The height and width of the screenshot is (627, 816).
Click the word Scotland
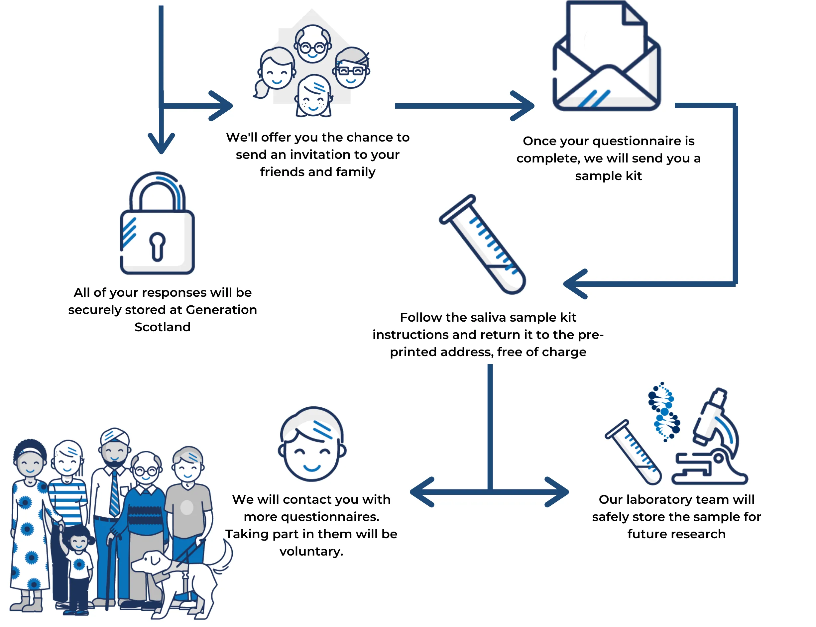click(x=163, y=327)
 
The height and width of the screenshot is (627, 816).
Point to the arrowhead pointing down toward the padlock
click(x=161, y=144)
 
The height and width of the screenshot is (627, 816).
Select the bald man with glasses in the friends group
click(x=312, y=44)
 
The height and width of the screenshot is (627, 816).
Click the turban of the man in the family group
click(x=115, y=436)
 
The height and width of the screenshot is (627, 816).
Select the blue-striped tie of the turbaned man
click(x=114, y=493)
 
